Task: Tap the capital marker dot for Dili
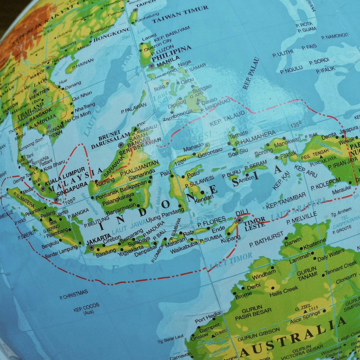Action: coord(239,220)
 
